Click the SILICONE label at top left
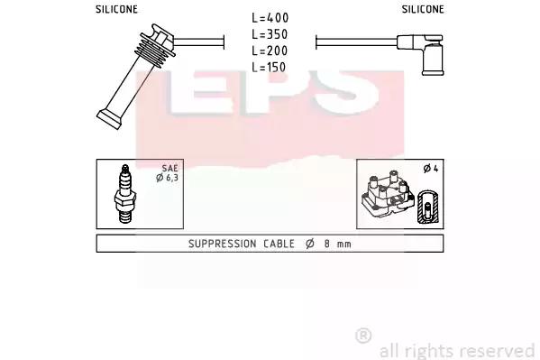(116, 9)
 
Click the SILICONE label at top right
(423, 9)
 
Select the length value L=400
(270, 18)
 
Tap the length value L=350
(270, 34)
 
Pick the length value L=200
(270, 51)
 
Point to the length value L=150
(269, 67)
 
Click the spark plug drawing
(124, 194)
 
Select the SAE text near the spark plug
(170, 169)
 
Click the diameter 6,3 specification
(167, 178)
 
